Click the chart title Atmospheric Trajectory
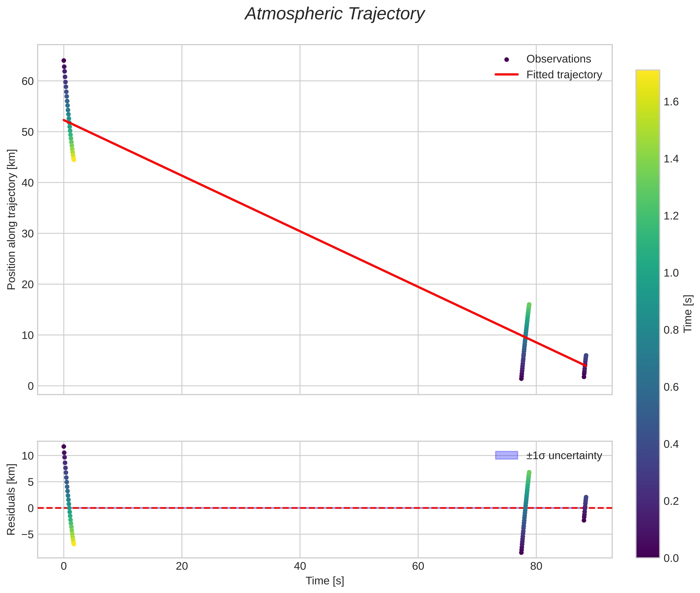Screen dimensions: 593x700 pos(335,14)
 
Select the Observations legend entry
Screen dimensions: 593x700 pos(558,59)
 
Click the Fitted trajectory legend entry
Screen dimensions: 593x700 pos(564,75)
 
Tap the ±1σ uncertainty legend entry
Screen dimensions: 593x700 pos(564,455)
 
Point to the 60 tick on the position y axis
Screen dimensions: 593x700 pos(27,81)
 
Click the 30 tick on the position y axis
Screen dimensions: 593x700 pos(27,234)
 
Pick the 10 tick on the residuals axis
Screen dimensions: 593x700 pos(27,456)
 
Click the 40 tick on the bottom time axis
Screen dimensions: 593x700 pos(300,566)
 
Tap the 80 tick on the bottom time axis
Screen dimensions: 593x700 pos(536,566)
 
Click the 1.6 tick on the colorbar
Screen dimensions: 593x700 pos(671,102)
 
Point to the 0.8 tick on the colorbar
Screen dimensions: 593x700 pos(671,330)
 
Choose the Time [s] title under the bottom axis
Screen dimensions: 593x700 pos(325,581)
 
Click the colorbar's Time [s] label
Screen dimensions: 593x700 pos(688,313)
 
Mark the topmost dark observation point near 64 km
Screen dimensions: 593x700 pos(64,60)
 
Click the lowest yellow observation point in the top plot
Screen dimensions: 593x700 pos(74,160)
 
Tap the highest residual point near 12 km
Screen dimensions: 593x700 pos(64,446)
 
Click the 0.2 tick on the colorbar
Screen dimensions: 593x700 pos(671,501)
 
